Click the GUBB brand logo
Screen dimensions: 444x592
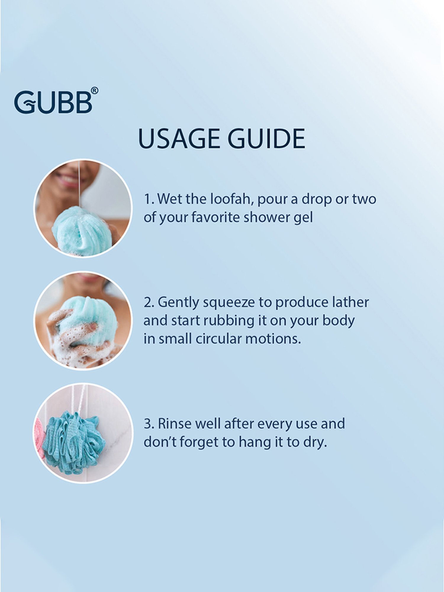[x=56, y=101]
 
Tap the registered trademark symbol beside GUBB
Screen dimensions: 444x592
[x=94, y=91]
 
